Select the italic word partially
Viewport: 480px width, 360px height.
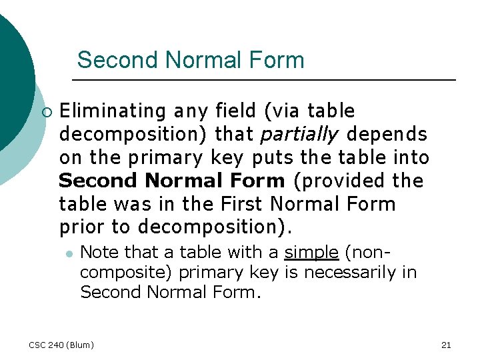tap(299, 134)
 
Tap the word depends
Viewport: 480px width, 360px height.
tap(387, 134)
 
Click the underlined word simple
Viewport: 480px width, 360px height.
tap(311, 252)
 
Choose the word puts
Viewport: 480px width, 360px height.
tap(271, 157)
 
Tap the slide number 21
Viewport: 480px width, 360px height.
tap(446, 345)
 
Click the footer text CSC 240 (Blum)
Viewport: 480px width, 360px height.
tap(61, 345)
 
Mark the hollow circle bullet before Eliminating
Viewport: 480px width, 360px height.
tap(45, 111)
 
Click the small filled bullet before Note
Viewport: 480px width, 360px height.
tap(68, 253)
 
